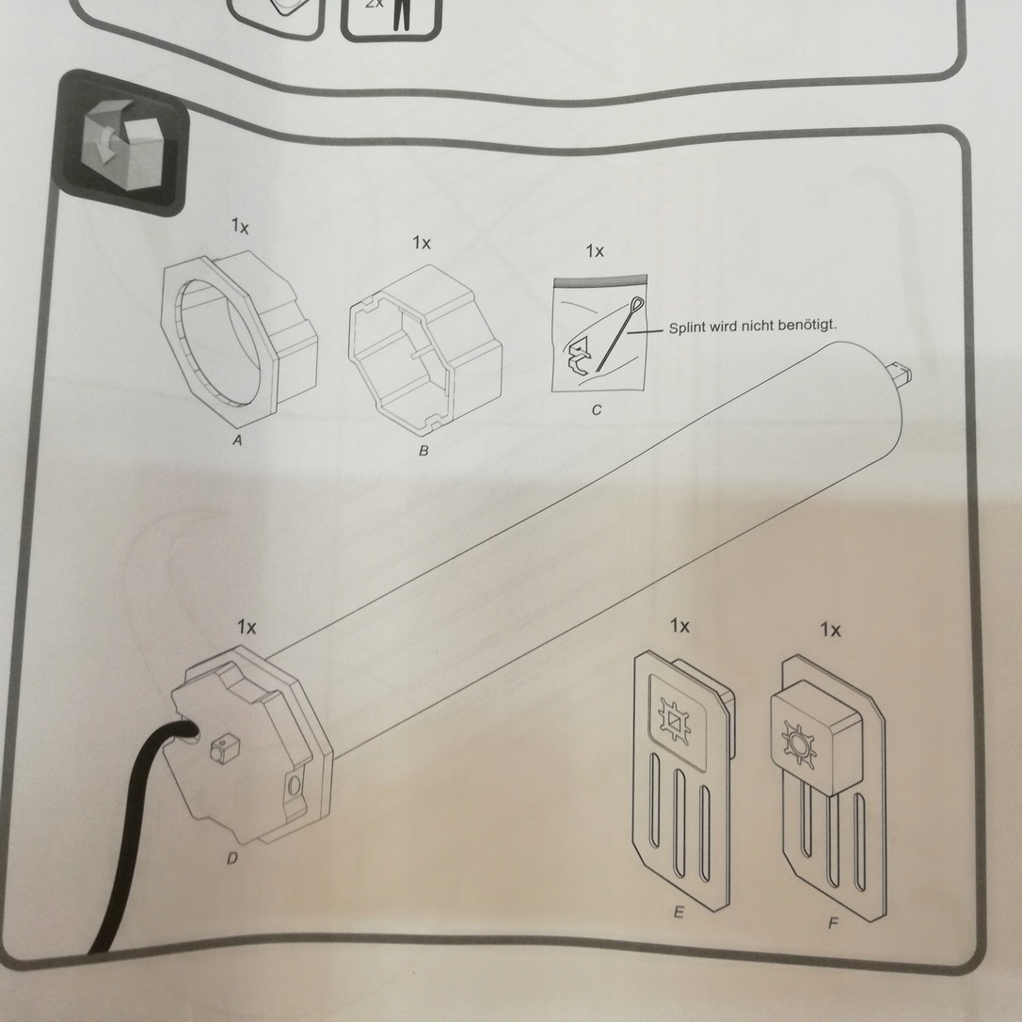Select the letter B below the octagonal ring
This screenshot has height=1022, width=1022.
point(423,452)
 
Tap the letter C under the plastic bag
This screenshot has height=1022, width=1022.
point(597,410)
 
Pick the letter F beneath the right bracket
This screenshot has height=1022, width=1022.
point(833,924)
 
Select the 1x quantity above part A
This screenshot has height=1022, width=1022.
point(240,227)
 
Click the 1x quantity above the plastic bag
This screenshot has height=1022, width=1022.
point(595,251)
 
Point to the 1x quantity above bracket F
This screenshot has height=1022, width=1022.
point(830,630)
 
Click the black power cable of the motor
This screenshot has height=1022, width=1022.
point(132,828)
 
